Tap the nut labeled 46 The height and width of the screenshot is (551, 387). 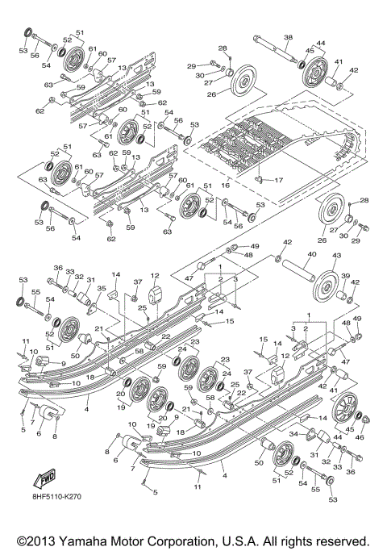[x=364, y=420]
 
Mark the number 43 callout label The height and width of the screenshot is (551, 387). [x=337, y=256]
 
